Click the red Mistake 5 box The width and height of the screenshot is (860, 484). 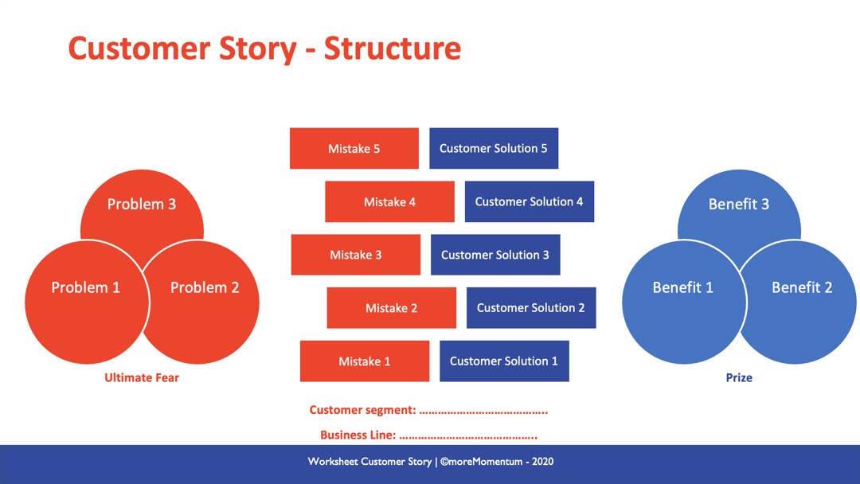tap(354, 149)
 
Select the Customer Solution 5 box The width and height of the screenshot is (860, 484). tap(494, 148)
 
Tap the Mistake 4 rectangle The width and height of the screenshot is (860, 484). tap(389, 202)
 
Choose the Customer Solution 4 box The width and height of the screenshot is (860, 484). tap(530, 201)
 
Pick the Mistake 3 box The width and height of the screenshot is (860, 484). tap(355, 255)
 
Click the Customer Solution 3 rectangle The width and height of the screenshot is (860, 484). tap(495, 255)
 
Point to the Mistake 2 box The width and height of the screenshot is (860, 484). tap(391, 308)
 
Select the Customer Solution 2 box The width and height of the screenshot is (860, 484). tap(531, 308)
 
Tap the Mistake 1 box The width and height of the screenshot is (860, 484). tap(364, 361)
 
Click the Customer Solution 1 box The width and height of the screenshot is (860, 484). tap(504, 361)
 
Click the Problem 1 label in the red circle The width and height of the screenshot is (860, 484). tap(85, 287)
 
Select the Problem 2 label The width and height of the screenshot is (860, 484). tap(205, 287)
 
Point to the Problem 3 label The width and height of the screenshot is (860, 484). tap(142, 205)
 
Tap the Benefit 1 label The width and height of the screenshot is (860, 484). tap(682, 287)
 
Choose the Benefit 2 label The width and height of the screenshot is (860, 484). tap(802, 287)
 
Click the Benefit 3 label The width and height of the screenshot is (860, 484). tap(739, 205)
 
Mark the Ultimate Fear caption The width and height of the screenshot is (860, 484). tap(142, 377)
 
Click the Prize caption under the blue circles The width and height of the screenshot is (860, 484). tap(739, 377)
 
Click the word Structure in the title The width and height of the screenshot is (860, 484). tap(392, 49)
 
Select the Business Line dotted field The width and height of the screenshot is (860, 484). tap(467, 435)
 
